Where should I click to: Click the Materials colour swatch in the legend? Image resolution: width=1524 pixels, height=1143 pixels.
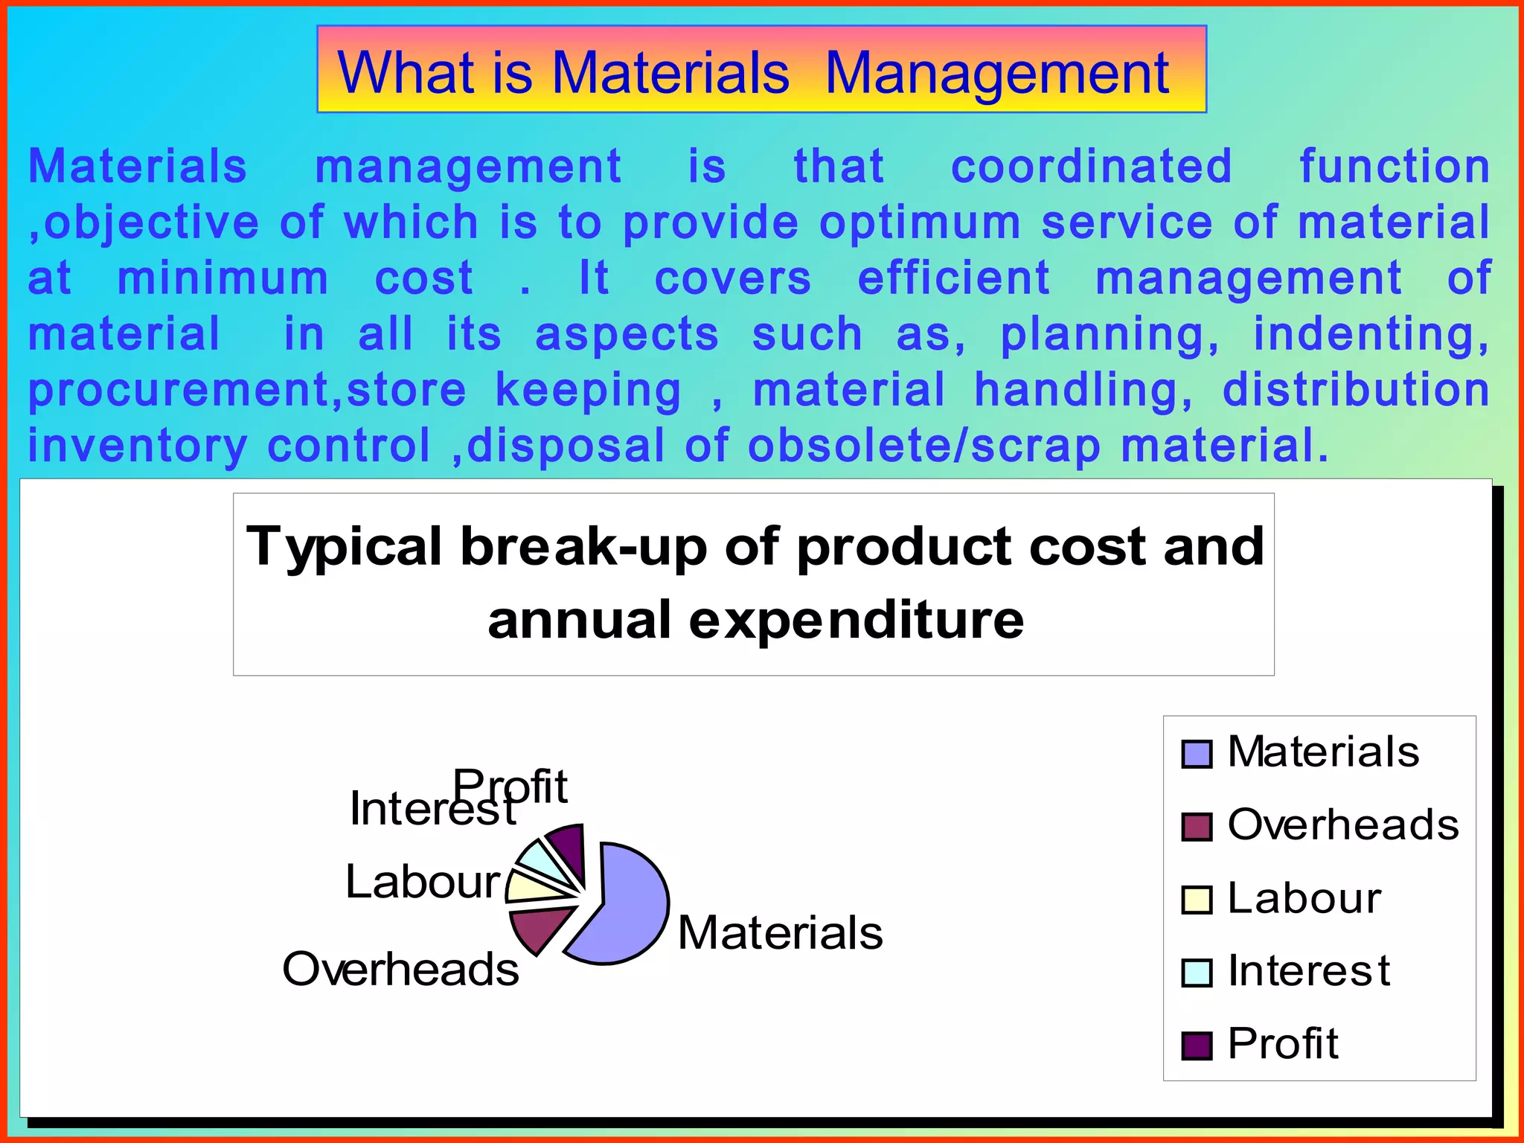click(1197, 754)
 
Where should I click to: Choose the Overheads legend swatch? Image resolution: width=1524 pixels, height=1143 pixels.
click(1197, 827)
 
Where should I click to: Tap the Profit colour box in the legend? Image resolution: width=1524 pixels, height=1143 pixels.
click(1197, 1046)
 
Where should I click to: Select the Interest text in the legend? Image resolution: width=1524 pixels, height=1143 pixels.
click(1308, 971)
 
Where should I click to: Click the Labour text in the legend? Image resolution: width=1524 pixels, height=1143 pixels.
click(1304, 898)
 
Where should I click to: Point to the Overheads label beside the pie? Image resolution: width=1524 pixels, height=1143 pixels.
click(400, 970)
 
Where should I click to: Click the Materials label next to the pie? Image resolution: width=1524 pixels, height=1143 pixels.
click(780, 933)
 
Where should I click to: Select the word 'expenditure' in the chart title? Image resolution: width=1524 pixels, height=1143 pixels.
click(856, 621)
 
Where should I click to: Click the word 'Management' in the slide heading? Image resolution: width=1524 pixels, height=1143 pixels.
click(997, 73)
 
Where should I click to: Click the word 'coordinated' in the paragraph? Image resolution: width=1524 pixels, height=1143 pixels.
click(1091, 166)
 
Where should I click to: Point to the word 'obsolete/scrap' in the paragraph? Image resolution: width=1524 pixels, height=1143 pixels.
click(923, 446)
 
